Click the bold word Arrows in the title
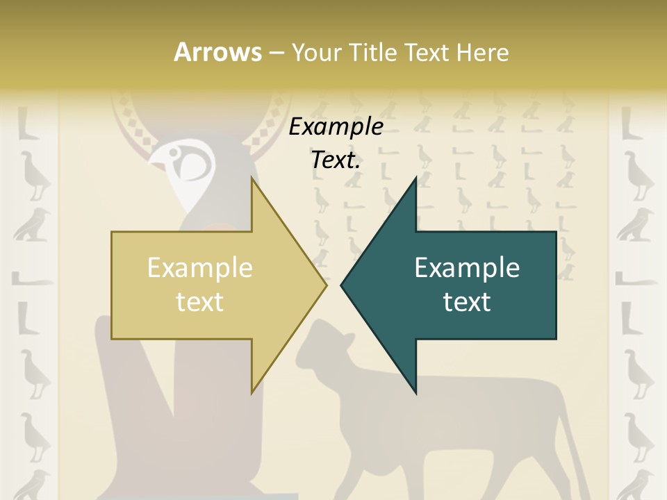(217, 53)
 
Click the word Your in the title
(316, 53)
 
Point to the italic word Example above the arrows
(336, 126)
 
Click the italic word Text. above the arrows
(336, 160)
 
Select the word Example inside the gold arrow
(199, 267)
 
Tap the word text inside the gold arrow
(199, 301)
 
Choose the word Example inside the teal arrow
(467, 267)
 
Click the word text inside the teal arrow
(467, 301)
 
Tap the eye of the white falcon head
(189, 164)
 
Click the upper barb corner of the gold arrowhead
(252, 179)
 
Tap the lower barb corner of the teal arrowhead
(415, 392)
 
